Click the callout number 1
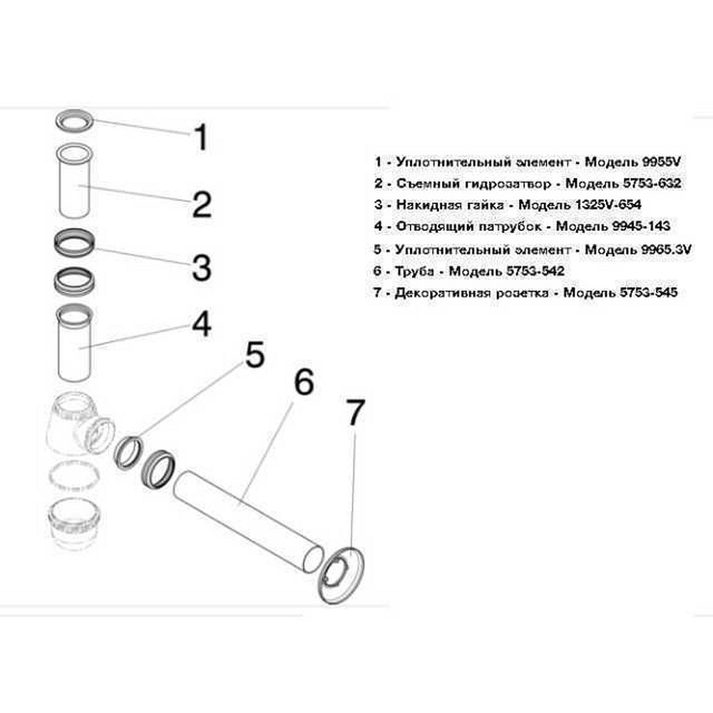[x=201, y=137]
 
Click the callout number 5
[x=255, y=355]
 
